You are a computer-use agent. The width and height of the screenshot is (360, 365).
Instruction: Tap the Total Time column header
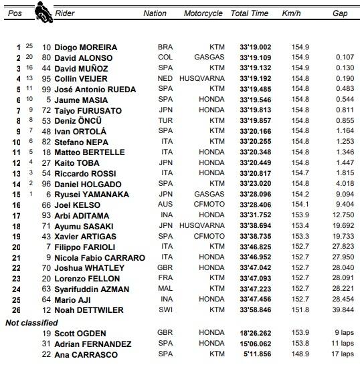[249, 13]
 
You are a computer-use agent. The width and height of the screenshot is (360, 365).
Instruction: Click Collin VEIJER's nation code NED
[165, 79]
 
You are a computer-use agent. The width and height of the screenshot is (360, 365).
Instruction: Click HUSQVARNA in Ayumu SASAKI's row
[205, 226]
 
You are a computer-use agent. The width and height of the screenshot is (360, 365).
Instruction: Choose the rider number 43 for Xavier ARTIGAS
[46, 237]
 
